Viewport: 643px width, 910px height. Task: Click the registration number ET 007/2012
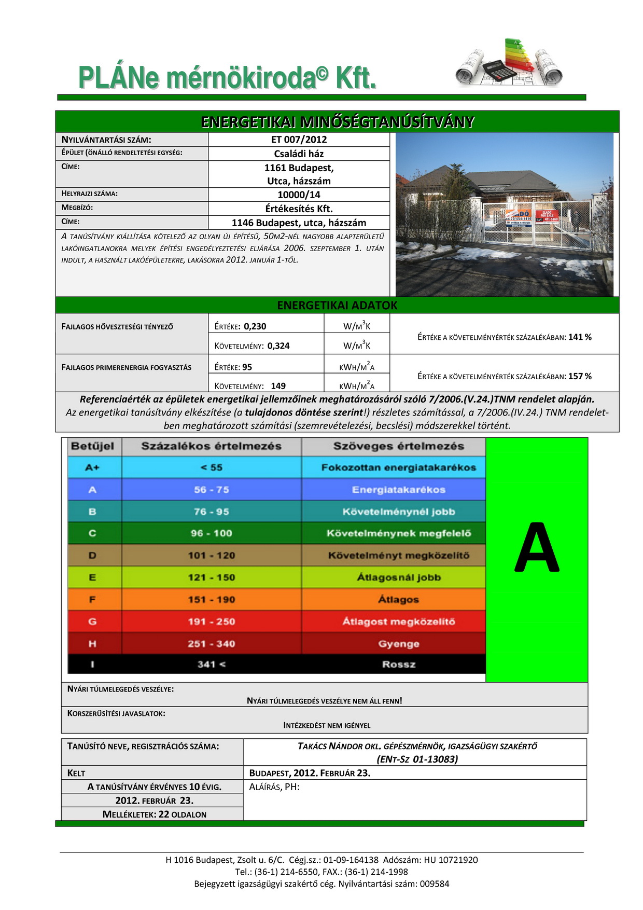(299, 140)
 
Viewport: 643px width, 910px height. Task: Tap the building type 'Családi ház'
(299, 154)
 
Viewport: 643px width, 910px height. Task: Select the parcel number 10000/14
(299, 195)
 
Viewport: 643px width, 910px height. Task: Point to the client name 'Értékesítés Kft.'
(299, 209)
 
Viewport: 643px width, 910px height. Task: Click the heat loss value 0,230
(255, 326)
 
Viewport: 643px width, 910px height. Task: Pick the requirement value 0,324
(278, 346)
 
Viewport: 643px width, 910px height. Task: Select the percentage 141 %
(580, 337)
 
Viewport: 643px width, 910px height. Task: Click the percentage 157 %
(580, 376)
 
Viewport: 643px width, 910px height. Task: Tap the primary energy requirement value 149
(278, 386)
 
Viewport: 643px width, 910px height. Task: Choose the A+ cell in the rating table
(92, 467)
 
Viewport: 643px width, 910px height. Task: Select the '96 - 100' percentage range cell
(211, 533)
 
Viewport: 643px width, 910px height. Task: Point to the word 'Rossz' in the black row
(398, 664)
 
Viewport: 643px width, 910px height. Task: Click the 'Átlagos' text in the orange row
(398, 600)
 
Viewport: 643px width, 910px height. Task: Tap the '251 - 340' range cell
(211, 644)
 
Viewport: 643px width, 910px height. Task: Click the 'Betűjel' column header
(92, 446)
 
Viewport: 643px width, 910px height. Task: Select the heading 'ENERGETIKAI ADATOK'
(337, 305)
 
